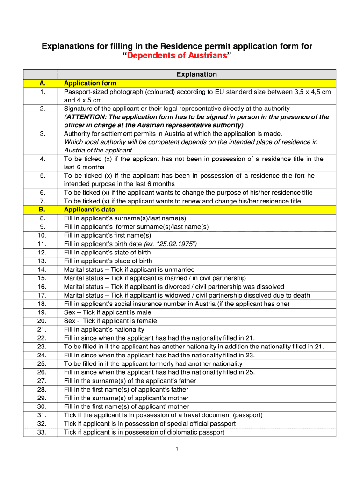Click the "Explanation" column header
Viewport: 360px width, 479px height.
tap(196, 74)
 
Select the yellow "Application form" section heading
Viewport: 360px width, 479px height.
tap(90, 83)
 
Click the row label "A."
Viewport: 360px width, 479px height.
tap(43, 83)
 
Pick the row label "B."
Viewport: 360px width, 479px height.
tap(43, 210)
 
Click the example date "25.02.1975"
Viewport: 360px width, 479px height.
tap(177, 244)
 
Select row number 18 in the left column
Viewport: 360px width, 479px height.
tap(42, 304)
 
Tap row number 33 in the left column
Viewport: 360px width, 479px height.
tap(42, 432)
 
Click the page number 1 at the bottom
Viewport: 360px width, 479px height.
tap(178, 450)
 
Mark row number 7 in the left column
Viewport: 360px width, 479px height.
tap(43, 201)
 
